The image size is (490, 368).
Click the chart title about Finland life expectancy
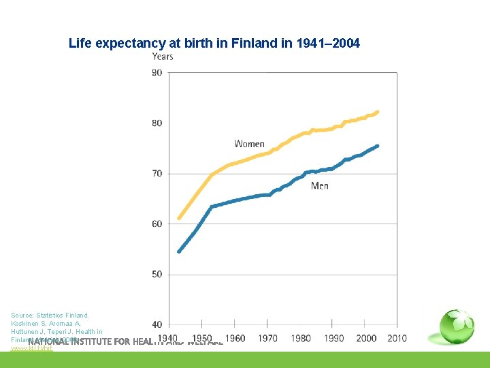click(x=214, y=44)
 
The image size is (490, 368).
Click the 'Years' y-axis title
click(x=163, y=57)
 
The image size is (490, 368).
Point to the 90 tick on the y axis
click(x=157, y=73)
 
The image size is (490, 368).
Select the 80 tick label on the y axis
click(x=157, y=123)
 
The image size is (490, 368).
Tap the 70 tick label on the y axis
click(x=157, y=174)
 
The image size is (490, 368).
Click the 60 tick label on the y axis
click(x=157, y=224)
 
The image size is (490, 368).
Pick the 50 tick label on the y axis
click(x=157, y=275)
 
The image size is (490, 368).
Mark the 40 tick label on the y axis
click(x=157, y=324)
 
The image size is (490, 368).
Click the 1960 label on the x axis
click(x=235, y=338)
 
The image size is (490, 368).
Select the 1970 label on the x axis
click(x=267, y=338)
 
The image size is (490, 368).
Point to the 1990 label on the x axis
click(x=333, y=338)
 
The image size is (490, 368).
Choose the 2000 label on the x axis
click(x=366, y=338)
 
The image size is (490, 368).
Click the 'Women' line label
click(x=249, y=144)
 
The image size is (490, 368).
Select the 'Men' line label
click(x=320, y=186)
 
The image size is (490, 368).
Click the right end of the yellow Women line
click(x=378, y=112)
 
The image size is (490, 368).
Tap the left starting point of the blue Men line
click(x=179, y=251)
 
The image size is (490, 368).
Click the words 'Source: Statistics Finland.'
click(x=50, y=316)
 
